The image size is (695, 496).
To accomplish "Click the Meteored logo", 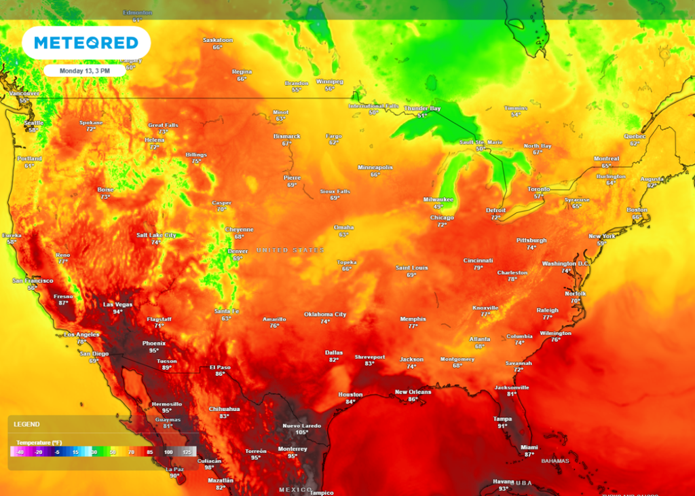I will [86, 43].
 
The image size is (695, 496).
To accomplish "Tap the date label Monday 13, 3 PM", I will [84, 70].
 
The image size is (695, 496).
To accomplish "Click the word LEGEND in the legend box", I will [27, 424].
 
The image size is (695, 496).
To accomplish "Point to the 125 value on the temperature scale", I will [190, 451].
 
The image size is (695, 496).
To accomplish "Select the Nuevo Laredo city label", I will [301, 426].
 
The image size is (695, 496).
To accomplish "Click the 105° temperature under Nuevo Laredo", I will [301, 433].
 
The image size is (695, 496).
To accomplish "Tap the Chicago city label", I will [442, 217].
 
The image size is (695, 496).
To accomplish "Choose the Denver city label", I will [238, 251].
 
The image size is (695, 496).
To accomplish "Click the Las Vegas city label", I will [117, 304].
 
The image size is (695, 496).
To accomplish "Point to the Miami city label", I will [529, 447].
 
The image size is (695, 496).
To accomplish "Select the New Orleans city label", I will [412, 392].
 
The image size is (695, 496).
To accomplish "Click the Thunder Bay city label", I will [422, 109].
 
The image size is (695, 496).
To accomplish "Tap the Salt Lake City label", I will [156, 235].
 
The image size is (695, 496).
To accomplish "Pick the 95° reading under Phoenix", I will [154, 351].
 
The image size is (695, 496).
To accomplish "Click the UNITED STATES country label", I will [290, 251].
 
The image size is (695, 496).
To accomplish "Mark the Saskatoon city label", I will [218, 40].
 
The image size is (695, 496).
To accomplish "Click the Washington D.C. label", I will [565, 264].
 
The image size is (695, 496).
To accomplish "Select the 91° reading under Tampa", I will [502, 426].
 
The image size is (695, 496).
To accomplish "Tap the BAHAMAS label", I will [555, 461].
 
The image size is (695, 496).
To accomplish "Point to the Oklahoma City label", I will [325, 315].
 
